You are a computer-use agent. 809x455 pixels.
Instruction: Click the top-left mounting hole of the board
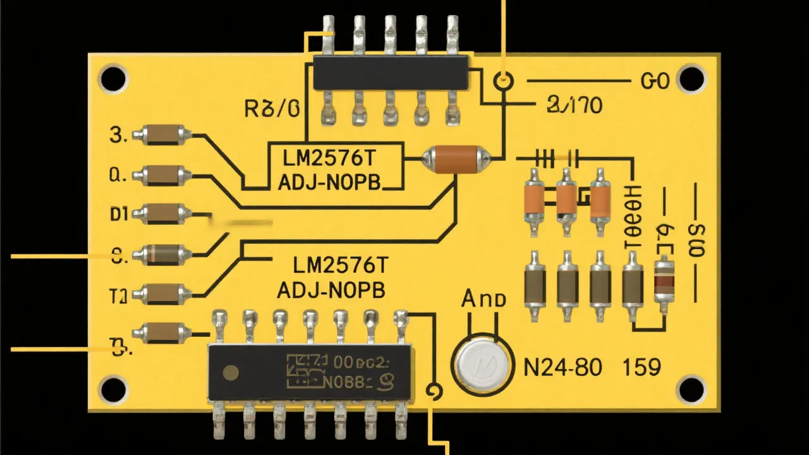tap(113, 80)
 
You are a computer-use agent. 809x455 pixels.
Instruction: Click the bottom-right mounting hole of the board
tap(690, 388)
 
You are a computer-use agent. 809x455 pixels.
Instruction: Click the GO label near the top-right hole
tap(654, 82)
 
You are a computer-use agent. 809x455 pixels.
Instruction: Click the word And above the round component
tap(484, 299)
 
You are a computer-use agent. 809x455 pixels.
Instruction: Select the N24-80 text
tap(563, 366)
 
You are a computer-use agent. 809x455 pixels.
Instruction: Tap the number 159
tap(642, 366)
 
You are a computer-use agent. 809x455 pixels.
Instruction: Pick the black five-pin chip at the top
tap(391, 71)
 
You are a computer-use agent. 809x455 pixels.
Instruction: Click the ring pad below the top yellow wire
tap(504, 81)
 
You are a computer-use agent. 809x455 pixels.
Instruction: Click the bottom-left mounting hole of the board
tap(113, 388)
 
